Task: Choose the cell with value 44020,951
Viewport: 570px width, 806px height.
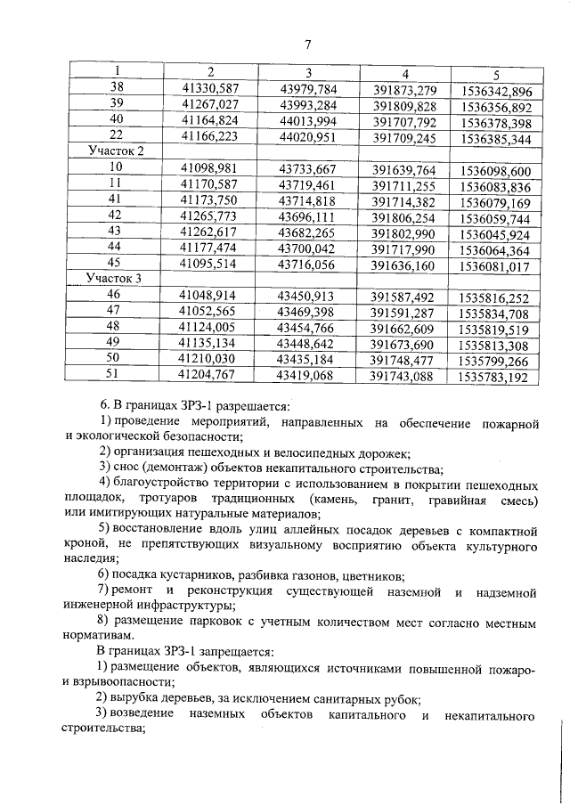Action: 307,138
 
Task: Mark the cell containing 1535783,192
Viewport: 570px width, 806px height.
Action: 496,378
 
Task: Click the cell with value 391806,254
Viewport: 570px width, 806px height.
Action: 403,216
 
